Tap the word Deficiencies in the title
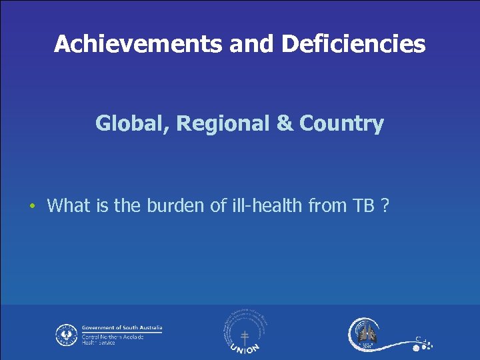(x=353, y=44)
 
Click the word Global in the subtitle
(x=133, y=124)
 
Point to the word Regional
(x=229, y=124)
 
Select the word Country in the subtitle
(x=341, y=124)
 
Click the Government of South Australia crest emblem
(x=66, y=335)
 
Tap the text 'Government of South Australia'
(x=122, y=328)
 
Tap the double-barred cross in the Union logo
(x=244, y=336)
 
